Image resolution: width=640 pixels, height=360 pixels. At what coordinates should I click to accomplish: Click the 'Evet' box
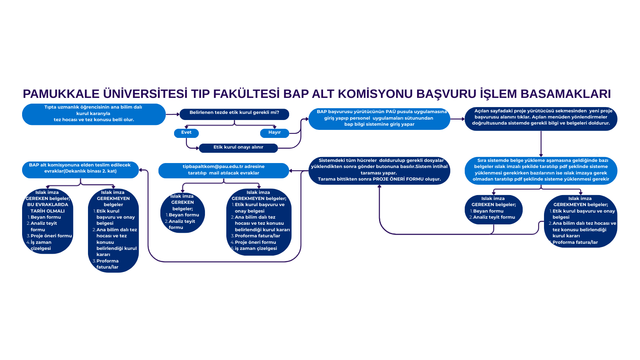tap(186, 133)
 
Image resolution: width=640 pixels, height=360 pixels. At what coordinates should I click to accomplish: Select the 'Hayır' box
tap(274, 133)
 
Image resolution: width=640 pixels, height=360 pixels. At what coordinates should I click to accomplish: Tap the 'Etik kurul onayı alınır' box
tap(238, 147)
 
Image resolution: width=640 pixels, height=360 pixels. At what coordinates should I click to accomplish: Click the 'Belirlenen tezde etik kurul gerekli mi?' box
tap(234, 113)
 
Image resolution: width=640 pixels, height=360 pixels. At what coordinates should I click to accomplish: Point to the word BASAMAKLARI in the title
tap(565, 94)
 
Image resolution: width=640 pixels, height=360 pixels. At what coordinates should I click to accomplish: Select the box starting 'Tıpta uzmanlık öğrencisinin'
tap(94, 114)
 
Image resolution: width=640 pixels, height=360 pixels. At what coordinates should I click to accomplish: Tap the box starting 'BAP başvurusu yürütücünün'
tap(379, 118)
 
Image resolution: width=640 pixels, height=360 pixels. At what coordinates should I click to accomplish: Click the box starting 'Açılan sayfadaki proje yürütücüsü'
tap(541, 118)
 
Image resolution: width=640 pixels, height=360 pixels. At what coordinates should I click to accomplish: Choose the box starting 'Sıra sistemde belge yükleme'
tap(541, 170)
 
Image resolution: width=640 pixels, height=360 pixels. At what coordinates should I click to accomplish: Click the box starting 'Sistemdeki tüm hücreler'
tap(379, 170)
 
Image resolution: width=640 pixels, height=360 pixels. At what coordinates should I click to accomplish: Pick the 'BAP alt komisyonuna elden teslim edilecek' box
tap(80, 169)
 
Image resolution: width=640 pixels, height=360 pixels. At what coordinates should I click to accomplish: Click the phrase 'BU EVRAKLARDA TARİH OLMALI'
tap(48, 208)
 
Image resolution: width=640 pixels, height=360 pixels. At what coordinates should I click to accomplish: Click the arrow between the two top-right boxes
tap(458, 119)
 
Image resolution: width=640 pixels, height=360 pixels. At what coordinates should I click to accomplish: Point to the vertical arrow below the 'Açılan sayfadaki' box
tap(541, 144)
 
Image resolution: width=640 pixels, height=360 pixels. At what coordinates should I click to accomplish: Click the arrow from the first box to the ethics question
tap(173, 114)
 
